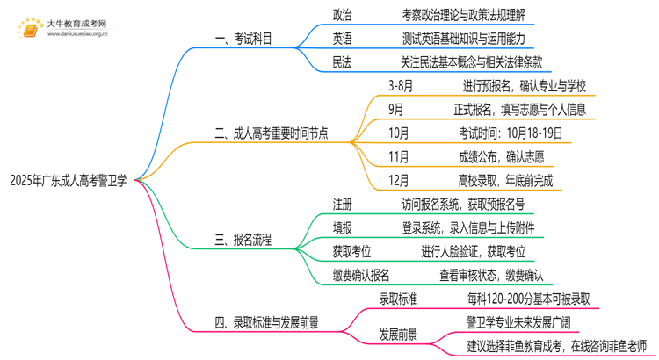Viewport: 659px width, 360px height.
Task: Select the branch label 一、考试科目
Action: click(x=249, y=39)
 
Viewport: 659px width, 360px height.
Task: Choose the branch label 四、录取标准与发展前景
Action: click(x=269, y=322)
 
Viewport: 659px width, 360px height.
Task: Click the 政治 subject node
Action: click(x=343, y=16)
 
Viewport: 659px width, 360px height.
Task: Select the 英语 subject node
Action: click(x=343, y=39)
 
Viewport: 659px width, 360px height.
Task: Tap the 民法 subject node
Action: click(x=343, y=61)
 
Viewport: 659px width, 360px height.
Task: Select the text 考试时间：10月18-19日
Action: click(x=509, y=133)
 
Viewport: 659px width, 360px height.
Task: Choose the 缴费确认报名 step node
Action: click(x=362, y=276)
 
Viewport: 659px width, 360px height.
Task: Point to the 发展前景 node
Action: click(x=398, y=335)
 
